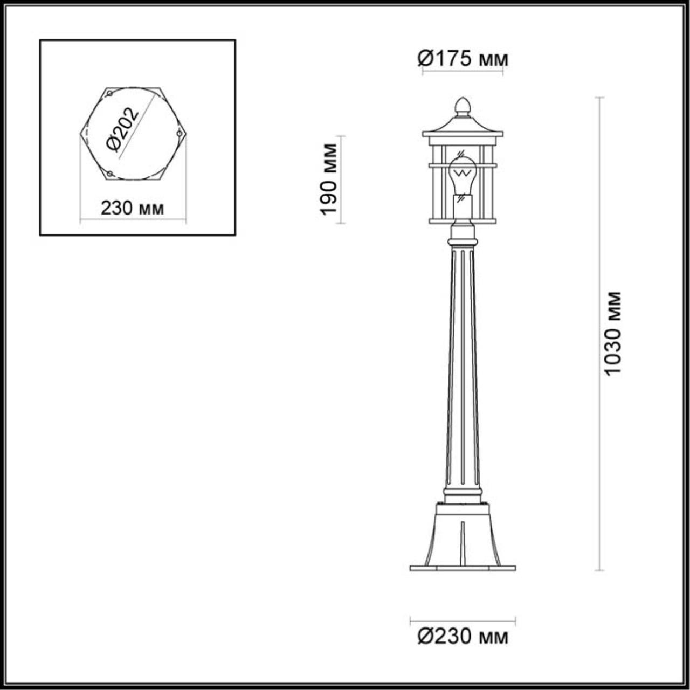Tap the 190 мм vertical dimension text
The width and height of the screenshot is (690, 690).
pos(328,180)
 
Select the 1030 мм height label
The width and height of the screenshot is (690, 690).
pos(612,334)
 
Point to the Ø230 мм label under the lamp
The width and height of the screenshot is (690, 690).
pos(463,637)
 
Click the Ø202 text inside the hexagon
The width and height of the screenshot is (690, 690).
pos(123,130)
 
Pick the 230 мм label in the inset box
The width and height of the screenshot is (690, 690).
pos(132,208)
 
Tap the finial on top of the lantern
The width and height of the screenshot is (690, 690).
pos(463,106)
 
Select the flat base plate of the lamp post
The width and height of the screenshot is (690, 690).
pos(463,568)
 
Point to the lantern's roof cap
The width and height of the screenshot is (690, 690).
pos(463,127)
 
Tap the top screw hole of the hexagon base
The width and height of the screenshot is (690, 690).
pos(110,94)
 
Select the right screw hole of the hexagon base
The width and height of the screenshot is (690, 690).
pos(179,133)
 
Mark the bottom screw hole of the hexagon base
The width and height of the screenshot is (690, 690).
pos(110,174)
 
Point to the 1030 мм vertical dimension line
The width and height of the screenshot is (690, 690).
pos(599,431)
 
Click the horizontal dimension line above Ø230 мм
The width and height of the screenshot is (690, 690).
pos(463,620)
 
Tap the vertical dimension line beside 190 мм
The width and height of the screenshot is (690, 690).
pos(342,180)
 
